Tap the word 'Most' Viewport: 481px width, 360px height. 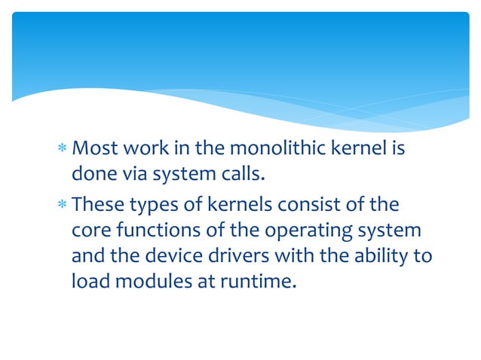click(94, 149)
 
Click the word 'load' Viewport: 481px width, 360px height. click(87, 282)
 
